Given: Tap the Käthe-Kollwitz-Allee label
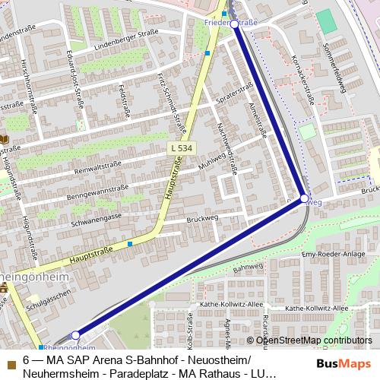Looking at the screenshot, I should (317, 309).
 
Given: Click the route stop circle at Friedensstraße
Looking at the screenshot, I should (233, 24).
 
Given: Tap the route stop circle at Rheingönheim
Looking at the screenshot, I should (75, 334).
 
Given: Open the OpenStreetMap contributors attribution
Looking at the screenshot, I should (314, 340).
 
